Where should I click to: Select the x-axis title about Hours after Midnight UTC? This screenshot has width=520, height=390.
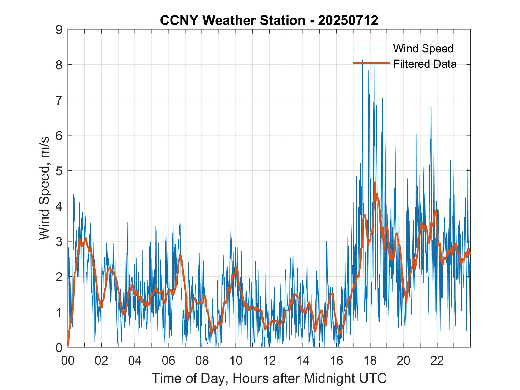point(269,378)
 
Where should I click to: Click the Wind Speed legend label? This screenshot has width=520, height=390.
point(423,48)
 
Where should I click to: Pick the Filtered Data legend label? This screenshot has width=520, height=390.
point(425,64)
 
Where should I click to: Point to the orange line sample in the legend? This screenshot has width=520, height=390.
point(371,63)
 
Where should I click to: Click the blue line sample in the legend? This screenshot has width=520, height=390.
point(371,48)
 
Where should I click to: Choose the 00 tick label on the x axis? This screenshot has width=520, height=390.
point(68,361)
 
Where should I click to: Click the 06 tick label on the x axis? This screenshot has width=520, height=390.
point(168,361)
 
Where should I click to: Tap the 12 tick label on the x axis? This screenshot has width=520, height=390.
point(269,361)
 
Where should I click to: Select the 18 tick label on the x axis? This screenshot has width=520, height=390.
point(370,361)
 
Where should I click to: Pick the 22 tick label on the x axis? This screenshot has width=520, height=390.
point(437,361)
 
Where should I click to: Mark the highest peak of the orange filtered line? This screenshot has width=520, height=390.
point(375,183)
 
